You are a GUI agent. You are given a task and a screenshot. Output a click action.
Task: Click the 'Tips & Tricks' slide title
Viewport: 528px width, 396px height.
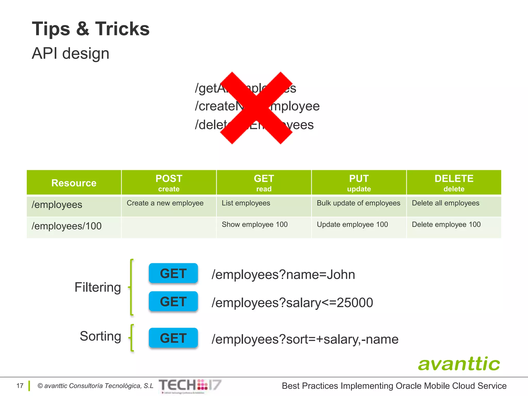tap(90, 29)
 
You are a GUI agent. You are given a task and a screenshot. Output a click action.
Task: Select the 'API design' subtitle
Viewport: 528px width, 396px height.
tap(70, 53)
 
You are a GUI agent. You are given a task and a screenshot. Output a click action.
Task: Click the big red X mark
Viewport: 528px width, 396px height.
tap(256, 108)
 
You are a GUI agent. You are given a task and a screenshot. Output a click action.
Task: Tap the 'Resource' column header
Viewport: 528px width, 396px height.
tap(74, 183)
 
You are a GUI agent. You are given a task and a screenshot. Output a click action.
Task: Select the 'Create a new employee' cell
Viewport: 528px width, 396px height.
tap(165, 203)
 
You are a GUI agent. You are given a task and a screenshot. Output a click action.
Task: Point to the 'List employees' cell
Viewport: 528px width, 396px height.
tap(246, 203)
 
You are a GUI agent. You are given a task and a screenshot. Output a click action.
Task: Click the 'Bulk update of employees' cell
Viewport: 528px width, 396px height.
tap(358, 203)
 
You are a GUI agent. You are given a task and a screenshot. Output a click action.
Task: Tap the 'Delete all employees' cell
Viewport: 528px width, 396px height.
tap(445, 203)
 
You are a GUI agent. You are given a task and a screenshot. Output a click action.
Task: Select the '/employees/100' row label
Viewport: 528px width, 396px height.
tap(67, 226)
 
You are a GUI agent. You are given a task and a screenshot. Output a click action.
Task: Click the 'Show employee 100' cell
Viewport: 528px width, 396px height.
tap(254, 225)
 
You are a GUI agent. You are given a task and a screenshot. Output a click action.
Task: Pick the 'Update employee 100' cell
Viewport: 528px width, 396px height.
tap(352, 225)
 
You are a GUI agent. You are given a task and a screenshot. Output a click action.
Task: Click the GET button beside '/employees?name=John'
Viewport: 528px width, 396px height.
tap(173, 273)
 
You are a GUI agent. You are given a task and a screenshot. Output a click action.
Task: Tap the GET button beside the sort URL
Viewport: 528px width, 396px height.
tap(173, 338)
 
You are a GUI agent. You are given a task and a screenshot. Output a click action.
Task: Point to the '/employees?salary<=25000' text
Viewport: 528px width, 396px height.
tap(292, 303)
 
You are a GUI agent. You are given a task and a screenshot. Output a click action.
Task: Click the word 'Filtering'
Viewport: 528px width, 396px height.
tap(98, 287)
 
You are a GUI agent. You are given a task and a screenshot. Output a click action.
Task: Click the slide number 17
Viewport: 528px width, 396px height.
tap(20, 386)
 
